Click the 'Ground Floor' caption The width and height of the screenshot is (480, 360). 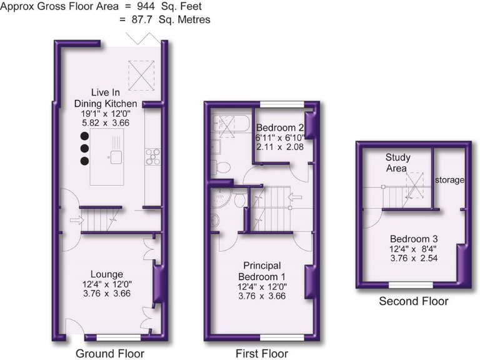[x=110, y=354]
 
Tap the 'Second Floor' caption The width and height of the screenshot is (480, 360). [x=414, y=301]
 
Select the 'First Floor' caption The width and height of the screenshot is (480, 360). [x=261, y=354]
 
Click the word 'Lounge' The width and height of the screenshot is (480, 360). [x=106, y=274]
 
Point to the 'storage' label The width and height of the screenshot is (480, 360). [x=450, y=180]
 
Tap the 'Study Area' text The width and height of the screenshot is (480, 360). [x=397, y=162]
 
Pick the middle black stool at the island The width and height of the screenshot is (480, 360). [x=84, y=149]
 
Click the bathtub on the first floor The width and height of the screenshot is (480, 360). [x=229, y=126]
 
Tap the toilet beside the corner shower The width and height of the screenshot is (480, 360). [x=239, y=199]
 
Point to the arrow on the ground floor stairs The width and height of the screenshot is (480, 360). [x=77, y=220]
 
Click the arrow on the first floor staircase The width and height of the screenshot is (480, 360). [x=294, y=199]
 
